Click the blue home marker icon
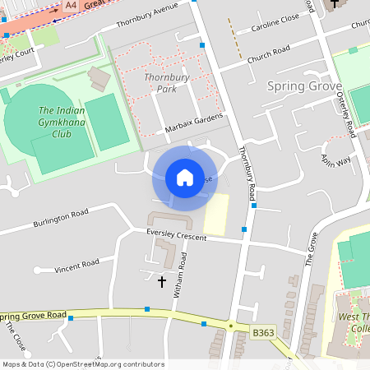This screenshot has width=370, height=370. coord(184,178)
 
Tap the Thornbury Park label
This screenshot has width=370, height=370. coord(160,82)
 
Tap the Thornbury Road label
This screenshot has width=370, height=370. coord(244,173)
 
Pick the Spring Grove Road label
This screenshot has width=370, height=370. coord(33,316)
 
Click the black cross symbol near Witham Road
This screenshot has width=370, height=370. coord(161,282)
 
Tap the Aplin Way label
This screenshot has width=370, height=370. coord(335,158)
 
